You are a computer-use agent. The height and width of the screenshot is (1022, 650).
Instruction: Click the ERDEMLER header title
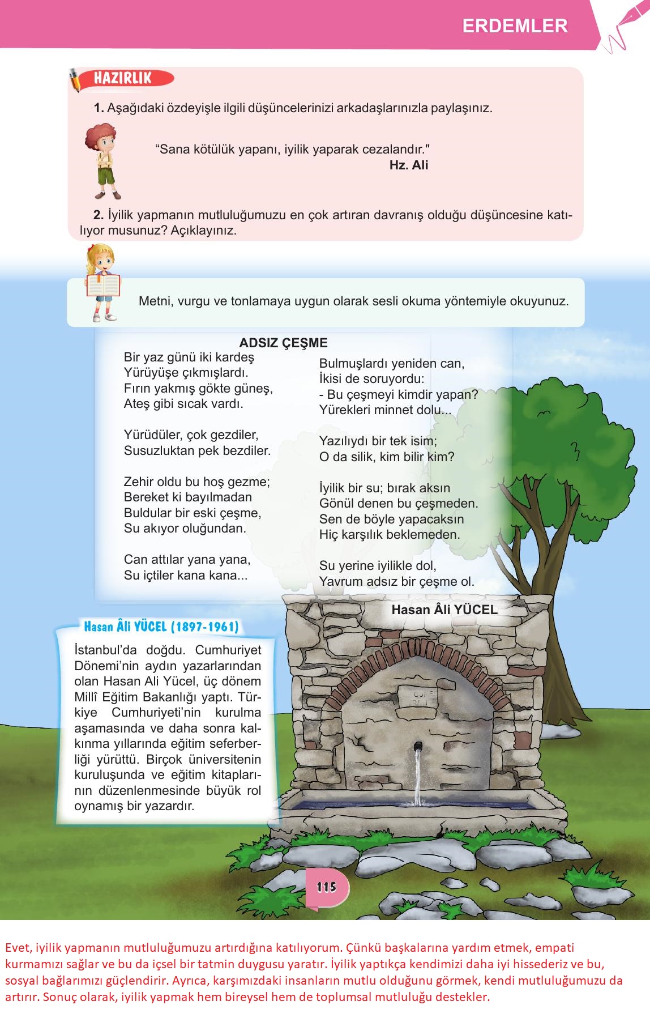pyautogui.click(x=515, y=26)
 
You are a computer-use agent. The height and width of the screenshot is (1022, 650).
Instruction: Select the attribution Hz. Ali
pyautogui.click(x=408, y=165)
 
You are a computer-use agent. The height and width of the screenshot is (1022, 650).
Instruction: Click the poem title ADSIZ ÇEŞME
pyautogui.click(x=283, y=343)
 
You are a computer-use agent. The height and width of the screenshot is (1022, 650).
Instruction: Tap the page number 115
pyautogui.click(x=327, y=887)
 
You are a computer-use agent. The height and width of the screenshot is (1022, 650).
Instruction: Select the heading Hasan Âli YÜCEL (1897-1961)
pyautogui.click(x=161, y=627)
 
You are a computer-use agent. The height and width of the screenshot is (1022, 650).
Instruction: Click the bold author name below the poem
pyautogui.click(x=444, y=610)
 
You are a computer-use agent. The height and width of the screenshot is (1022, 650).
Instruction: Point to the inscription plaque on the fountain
pyautogui.click(x=419, y=697)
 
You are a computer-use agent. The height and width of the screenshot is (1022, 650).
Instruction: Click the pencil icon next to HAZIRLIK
pyautogui.click(x=76, y=80)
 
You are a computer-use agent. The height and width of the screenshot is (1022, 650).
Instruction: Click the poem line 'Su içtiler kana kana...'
pyautogui.click(x=186, y=575)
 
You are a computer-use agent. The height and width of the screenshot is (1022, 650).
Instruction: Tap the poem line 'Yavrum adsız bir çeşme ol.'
pyautogui.click(x=396, y=581)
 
